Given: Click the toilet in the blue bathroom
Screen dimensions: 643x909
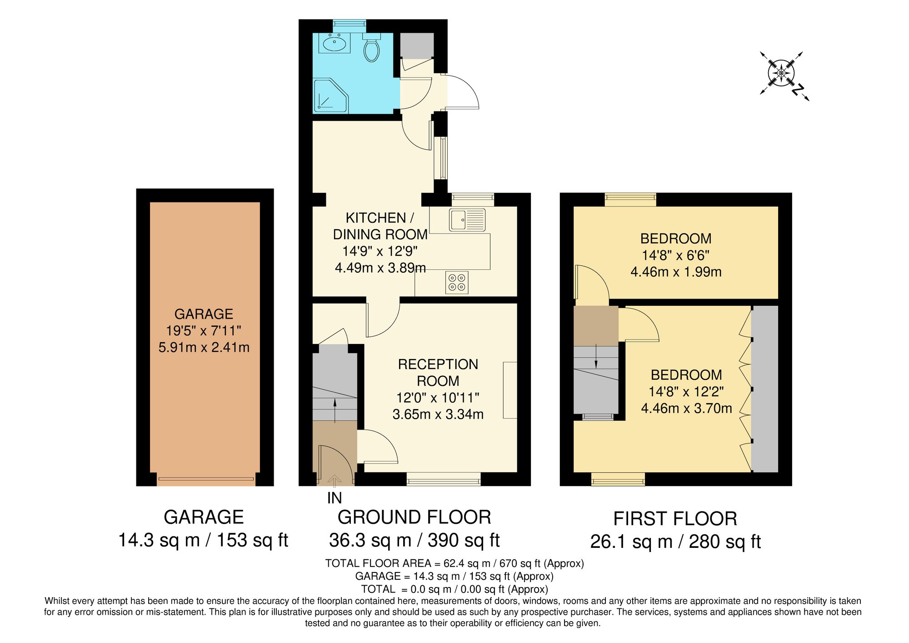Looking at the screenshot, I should click(371, 49).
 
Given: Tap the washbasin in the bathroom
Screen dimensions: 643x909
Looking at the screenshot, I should click(335, 44).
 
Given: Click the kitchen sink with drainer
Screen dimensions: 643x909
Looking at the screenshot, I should click(467, 220).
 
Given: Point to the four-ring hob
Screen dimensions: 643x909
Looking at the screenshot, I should click(457, 282).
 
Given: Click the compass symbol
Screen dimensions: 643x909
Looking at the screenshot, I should click(781, 73).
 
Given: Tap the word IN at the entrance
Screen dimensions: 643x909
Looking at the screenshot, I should click(335, 498).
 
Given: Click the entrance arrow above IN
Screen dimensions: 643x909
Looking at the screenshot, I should click(335, 480).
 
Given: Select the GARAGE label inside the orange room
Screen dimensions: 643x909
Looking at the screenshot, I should click(204, 314).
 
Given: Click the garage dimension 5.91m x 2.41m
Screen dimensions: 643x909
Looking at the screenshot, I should click(204, 347).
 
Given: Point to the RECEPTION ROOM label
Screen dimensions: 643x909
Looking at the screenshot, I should click(438, 372).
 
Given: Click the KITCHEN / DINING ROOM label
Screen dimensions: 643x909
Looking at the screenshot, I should click(380, 226).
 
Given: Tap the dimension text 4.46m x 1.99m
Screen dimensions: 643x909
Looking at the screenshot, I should click(676, 272).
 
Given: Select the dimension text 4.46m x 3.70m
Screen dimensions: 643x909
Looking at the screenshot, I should click(686, 408).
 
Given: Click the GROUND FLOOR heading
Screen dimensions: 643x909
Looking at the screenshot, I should click(414, 517).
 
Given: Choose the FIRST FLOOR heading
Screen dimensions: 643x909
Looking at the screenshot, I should click(675, 519).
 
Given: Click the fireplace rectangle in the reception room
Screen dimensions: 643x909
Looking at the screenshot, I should click(510, 390).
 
